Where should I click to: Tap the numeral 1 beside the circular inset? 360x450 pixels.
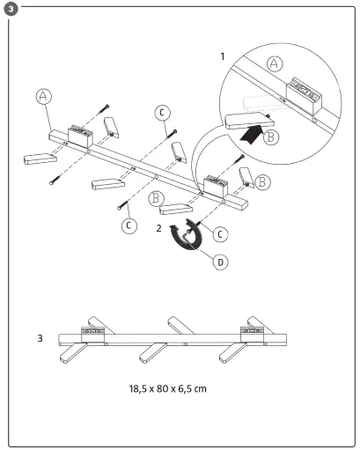point(224,55)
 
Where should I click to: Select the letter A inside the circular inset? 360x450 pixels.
point(274,64)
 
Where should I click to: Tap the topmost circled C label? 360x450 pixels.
point(163,112)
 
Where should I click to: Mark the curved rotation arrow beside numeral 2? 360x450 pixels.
point(187,238)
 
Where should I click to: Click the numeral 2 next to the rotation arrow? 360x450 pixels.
point(158,228)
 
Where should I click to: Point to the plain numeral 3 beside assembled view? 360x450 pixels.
point(41,337)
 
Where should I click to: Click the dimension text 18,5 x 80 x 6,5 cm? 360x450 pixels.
point(168,387)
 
